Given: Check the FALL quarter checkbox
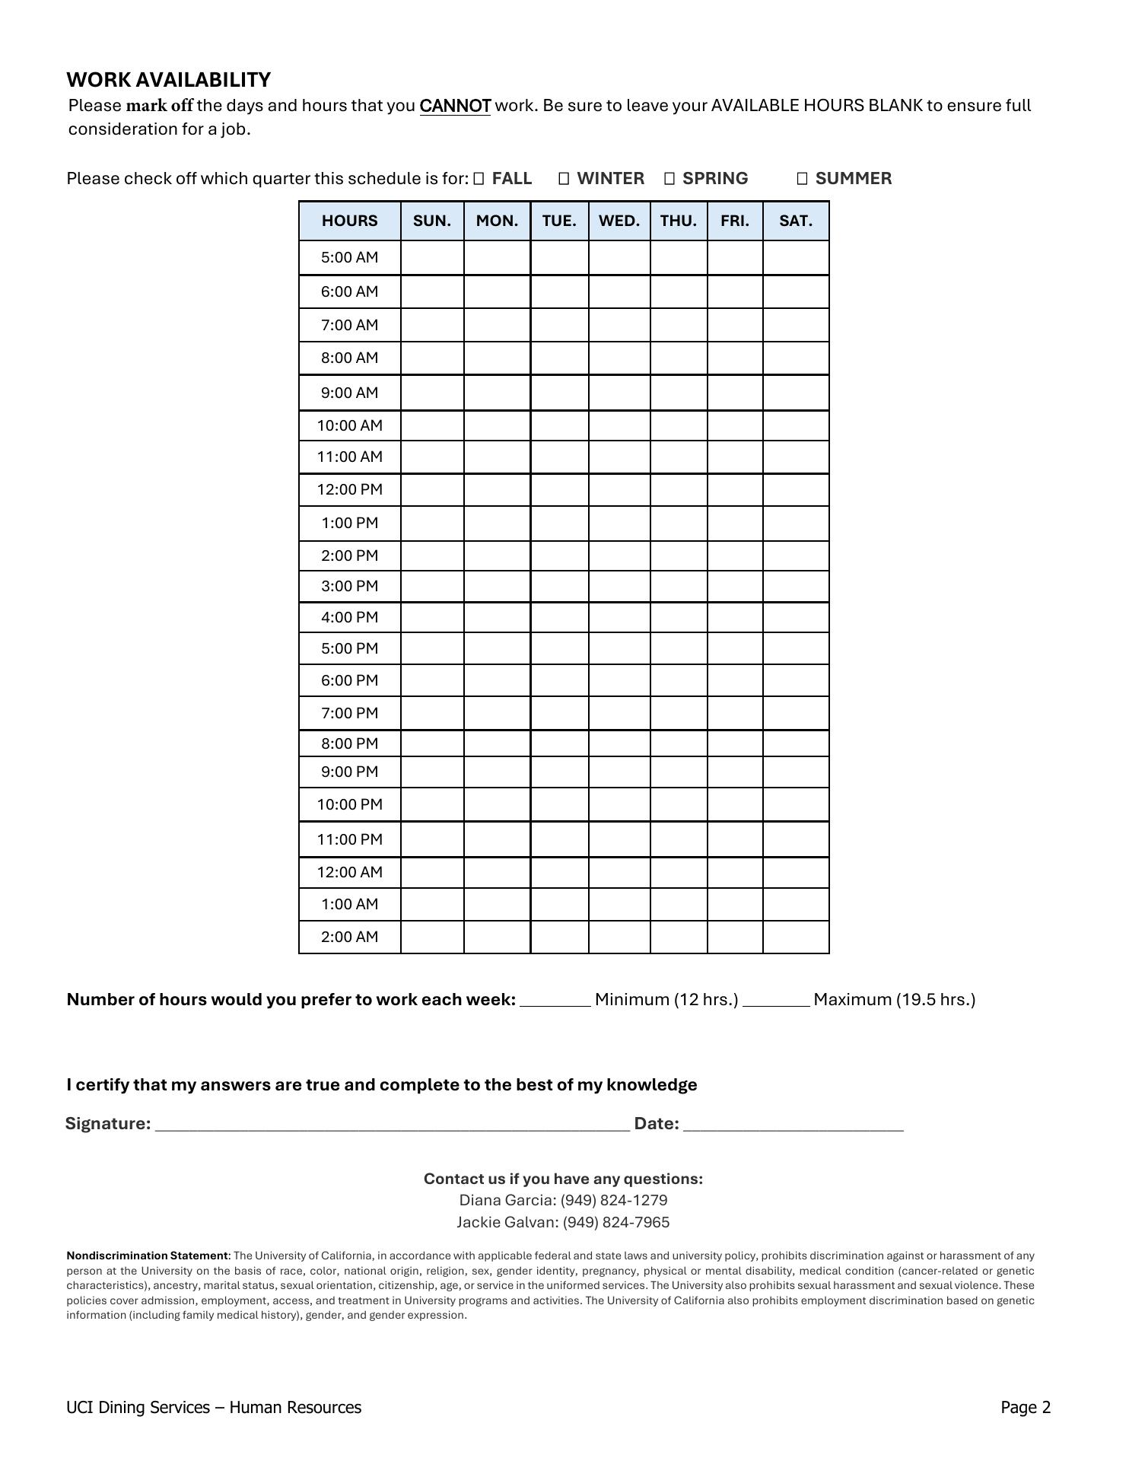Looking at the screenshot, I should click(x=479, y=179).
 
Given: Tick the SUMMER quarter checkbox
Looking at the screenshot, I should click(x=802, y=179).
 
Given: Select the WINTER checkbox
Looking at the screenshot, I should click(x=564, y=179).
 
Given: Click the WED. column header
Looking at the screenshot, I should click(x=619, y=221).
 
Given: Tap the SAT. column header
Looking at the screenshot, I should click(x=796, y=221).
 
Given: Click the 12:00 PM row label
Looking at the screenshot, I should click(x=349, y=490).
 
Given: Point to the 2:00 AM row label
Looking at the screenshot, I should click(x=349, y=937).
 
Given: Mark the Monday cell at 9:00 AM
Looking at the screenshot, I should click(x=497, y=393).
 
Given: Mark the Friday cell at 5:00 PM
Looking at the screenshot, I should click(x=735, y=648).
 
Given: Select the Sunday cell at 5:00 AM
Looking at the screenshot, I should click(x=432, y=258).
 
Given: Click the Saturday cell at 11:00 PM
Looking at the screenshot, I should click(x=796, y=839).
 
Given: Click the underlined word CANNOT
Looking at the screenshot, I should click(x=455, y=106).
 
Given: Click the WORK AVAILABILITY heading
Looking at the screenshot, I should click(x=168, y=80).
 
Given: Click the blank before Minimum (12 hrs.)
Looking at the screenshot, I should click(x=555, y=1000).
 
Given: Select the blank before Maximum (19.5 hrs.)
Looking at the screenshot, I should click(x=776, y=1000).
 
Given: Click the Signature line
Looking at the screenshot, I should click(x=392, y=1125).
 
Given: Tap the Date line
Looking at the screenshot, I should click(x=793, y=1125).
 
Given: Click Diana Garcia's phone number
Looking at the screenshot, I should click(x=614, y=1200).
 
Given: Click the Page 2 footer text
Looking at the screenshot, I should click(x=1025, y=1407).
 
